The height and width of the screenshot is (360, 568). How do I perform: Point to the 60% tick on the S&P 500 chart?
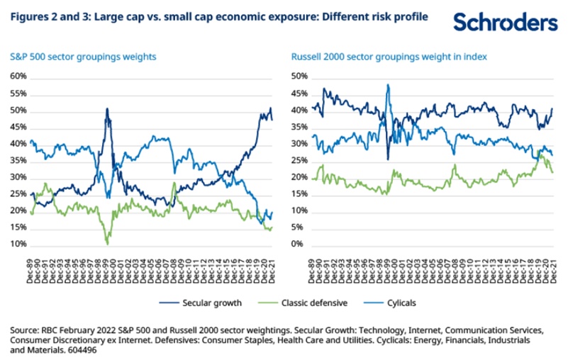(18, 77)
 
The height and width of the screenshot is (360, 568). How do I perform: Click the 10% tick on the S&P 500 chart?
(18, 244)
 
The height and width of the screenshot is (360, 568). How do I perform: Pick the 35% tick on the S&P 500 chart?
(18, 160)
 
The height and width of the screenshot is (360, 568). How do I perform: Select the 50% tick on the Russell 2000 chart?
(300, 77)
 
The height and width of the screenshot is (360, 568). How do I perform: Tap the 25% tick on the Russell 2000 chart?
(300, 160)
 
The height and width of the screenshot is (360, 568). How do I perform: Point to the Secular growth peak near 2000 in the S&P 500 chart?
(107, 108)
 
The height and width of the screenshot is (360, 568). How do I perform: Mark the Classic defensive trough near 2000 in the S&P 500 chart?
(107, 243)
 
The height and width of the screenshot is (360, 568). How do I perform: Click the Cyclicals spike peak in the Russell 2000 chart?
(388, 85)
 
